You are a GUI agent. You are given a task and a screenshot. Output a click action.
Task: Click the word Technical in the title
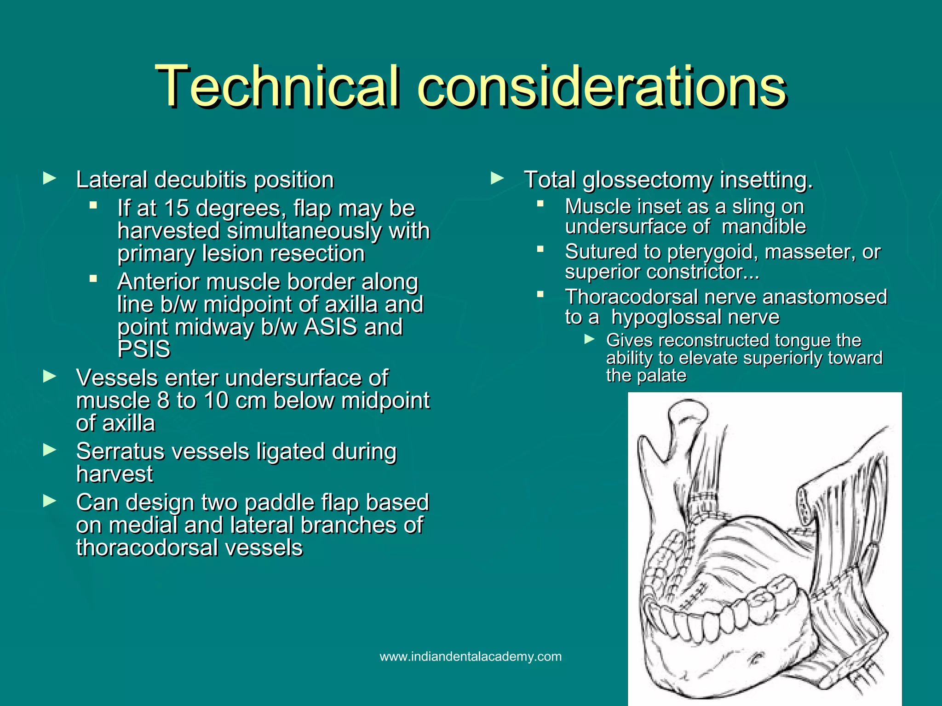[276, 86]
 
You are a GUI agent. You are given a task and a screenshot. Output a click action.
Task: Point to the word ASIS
[330, 327]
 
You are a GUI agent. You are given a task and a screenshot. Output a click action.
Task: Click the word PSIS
[144, 349]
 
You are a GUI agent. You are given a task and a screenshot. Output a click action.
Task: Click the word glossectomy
[648, 180]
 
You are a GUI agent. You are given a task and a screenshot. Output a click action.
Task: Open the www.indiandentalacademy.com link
[471, 656]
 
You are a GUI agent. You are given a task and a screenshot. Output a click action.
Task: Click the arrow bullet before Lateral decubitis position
[49, 178]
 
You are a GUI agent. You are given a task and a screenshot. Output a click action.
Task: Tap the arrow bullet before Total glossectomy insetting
[497, 178]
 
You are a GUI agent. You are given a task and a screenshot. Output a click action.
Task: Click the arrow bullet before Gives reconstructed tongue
[589, 339]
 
